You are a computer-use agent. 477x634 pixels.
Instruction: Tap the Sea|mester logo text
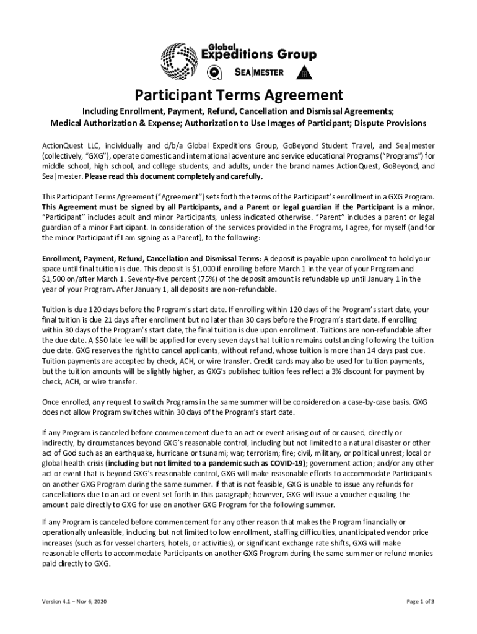[260, 72]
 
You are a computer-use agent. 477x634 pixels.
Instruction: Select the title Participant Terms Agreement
[239, 95]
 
